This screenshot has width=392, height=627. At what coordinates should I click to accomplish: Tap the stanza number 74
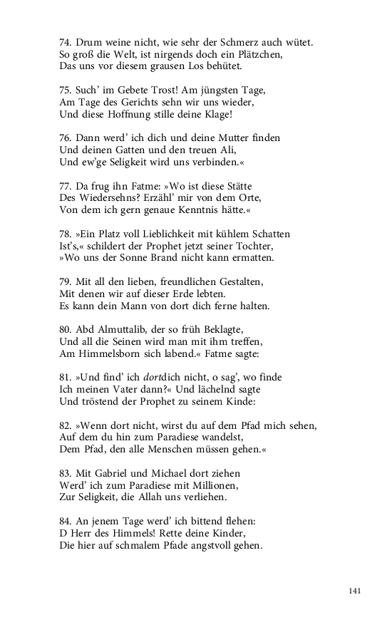coord(66,43)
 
